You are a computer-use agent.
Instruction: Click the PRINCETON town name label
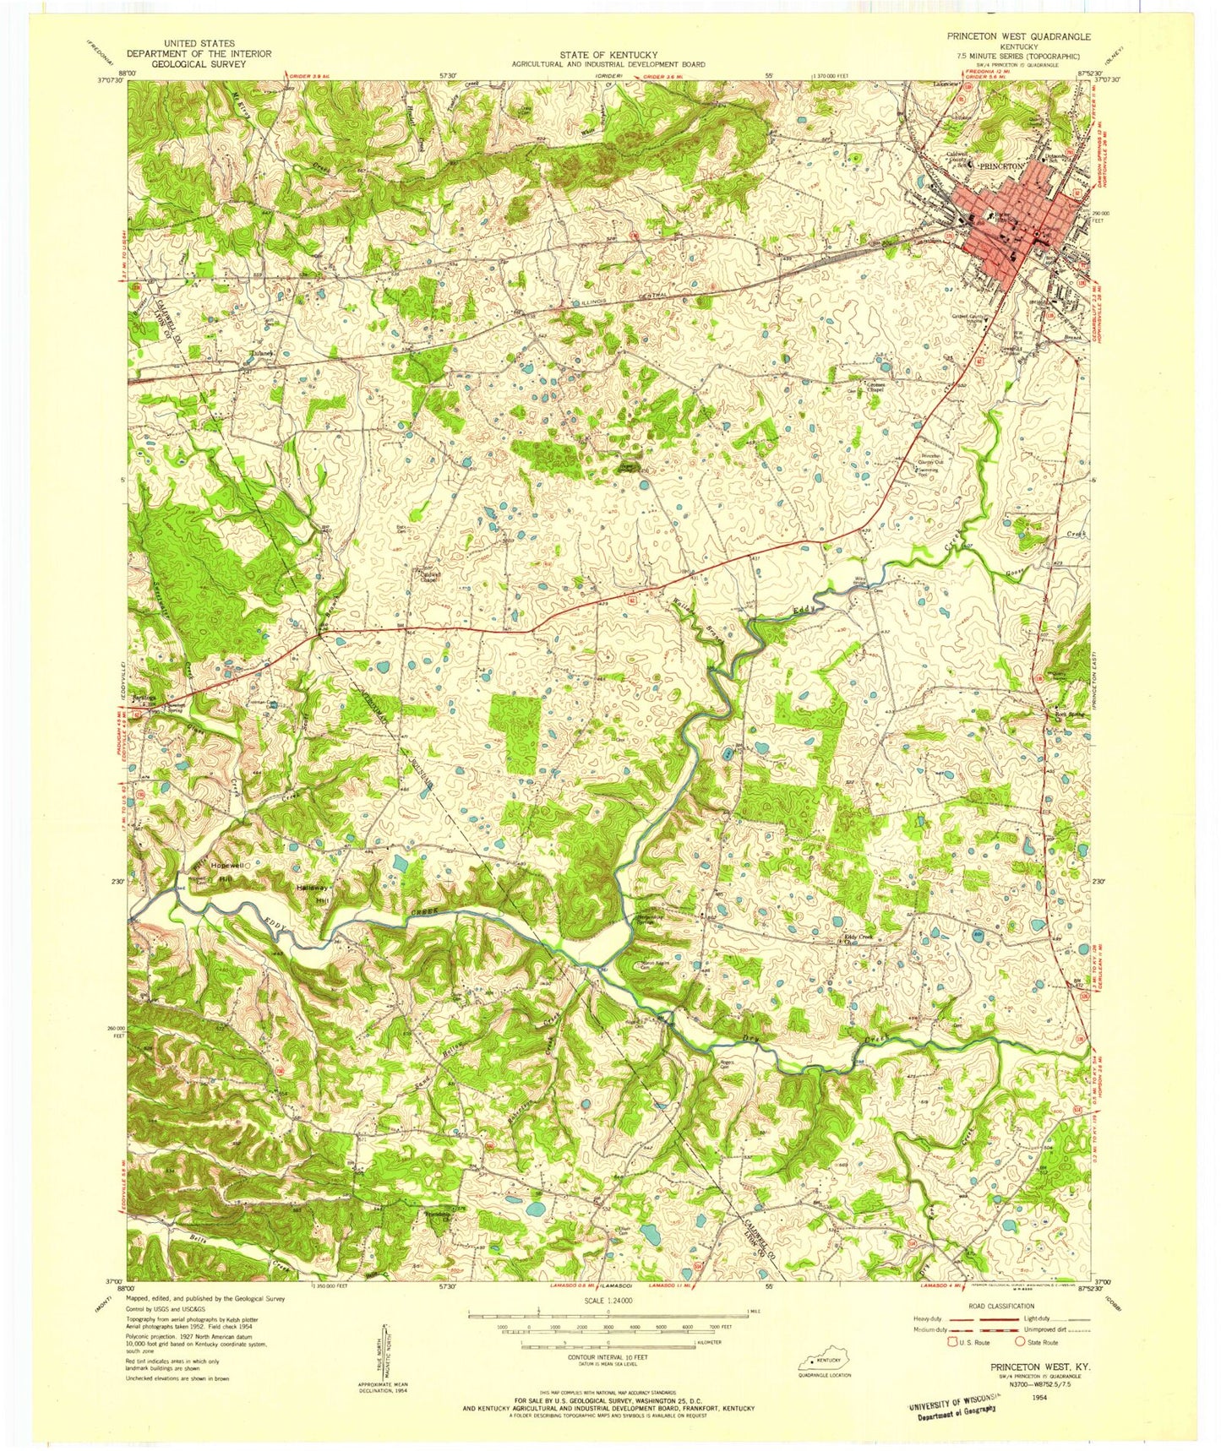point(1000,166)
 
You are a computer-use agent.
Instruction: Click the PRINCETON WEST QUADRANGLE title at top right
point(1018,37)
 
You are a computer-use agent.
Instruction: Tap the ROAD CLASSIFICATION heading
point(1001,1306)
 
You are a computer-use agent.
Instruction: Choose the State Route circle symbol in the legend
point(1021,1341)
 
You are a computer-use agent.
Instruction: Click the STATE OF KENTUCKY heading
point(608,55)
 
